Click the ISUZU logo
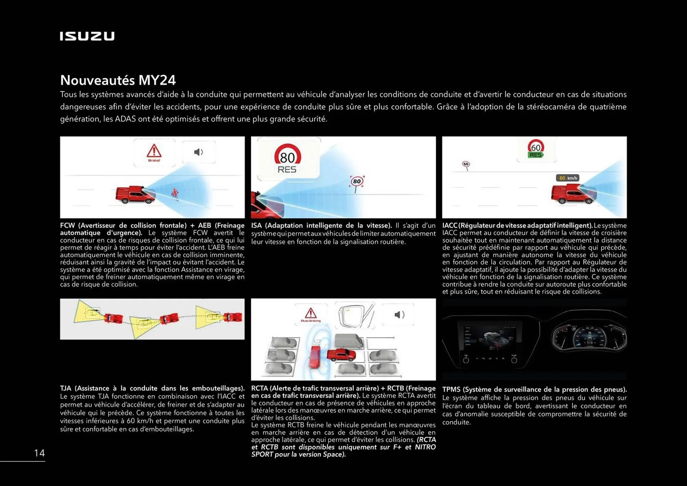click(87, 36)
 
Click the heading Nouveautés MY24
click(118, 80)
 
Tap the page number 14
click(39, 453)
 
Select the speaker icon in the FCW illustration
click(198, 152)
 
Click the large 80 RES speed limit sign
click(287, 159)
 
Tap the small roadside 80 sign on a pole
click(357, 182)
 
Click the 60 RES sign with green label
click(536, 149)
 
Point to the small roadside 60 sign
click(466, 165)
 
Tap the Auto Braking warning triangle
click(311, 314)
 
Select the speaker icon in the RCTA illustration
click(399, 315)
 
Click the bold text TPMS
click(451, 389)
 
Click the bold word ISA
click(257, 225)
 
